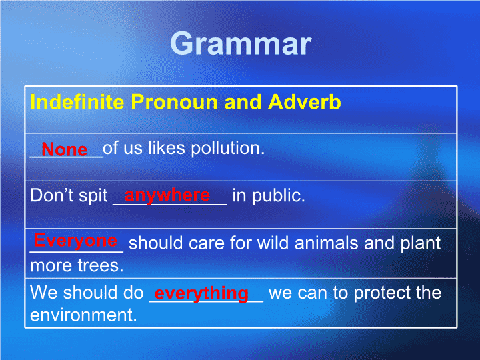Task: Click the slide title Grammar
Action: click(241, 44)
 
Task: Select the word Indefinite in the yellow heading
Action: click(77, 101)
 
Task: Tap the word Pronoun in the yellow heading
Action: click(174, 101)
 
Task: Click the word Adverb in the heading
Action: click(305, 101)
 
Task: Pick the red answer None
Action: click(64, 149)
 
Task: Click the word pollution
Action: click(228, 148)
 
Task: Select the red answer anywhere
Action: click(167, 196)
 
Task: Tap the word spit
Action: click(93, 196)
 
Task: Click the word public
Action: click(278, 196)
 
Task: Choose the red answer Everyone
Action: click(75, 241)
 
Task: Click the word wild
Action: click(273, 243)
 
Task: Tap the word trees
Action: click(101, 266)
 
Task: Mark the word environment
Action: click(83, 315)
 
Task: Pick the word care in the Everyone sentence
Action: click(207, 244)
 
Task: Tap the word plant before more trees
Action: click(421, 244)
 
